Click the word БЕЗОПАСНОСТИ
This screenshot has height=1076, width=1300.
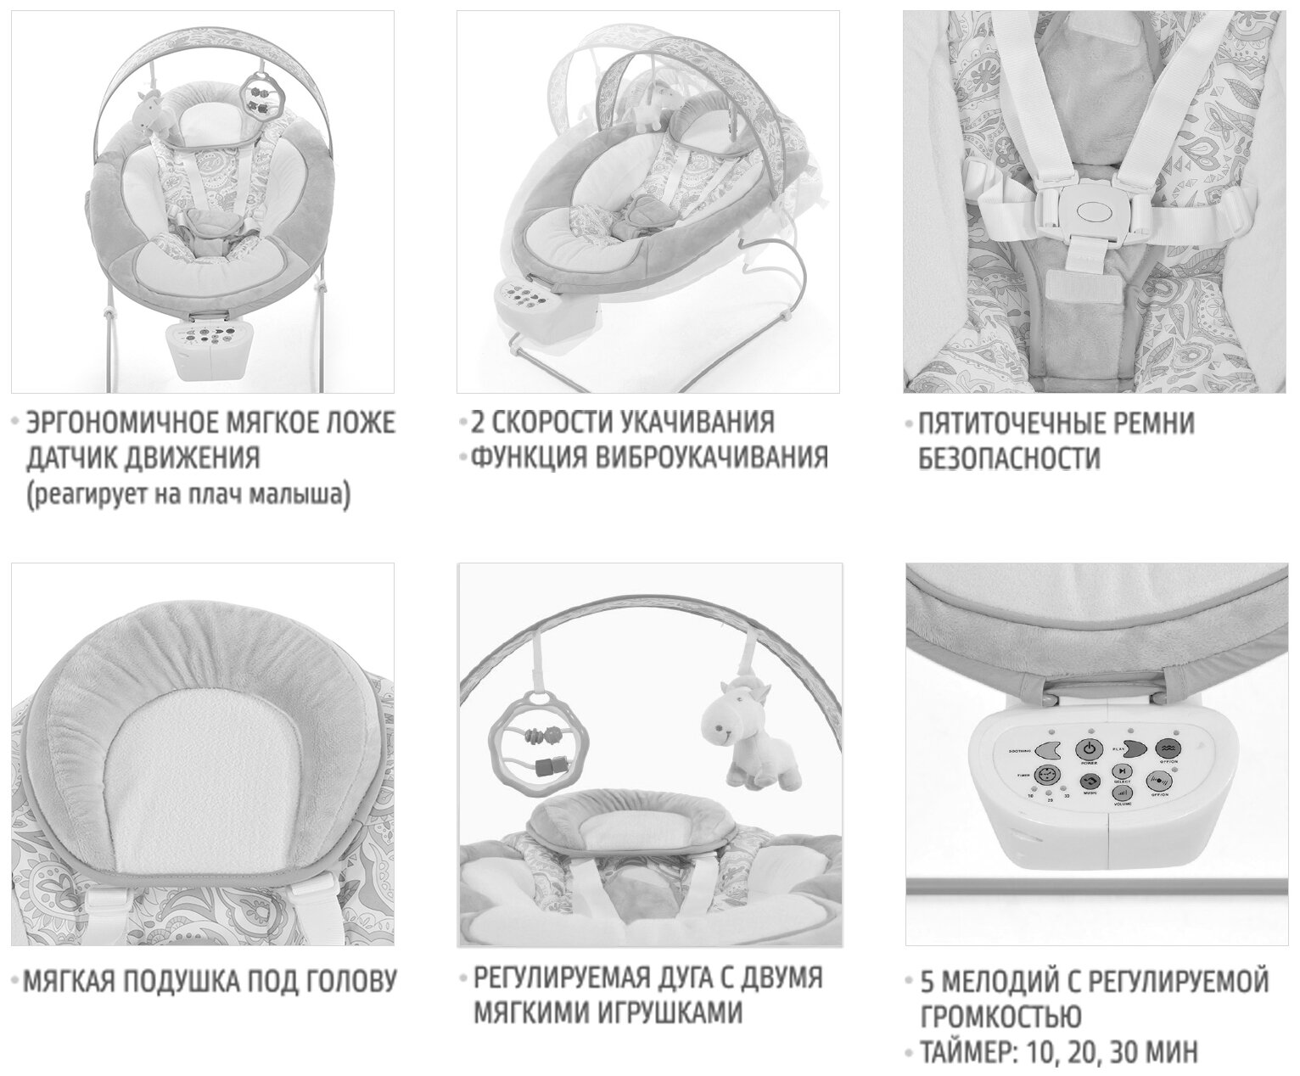click(x=1010, y=459)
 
